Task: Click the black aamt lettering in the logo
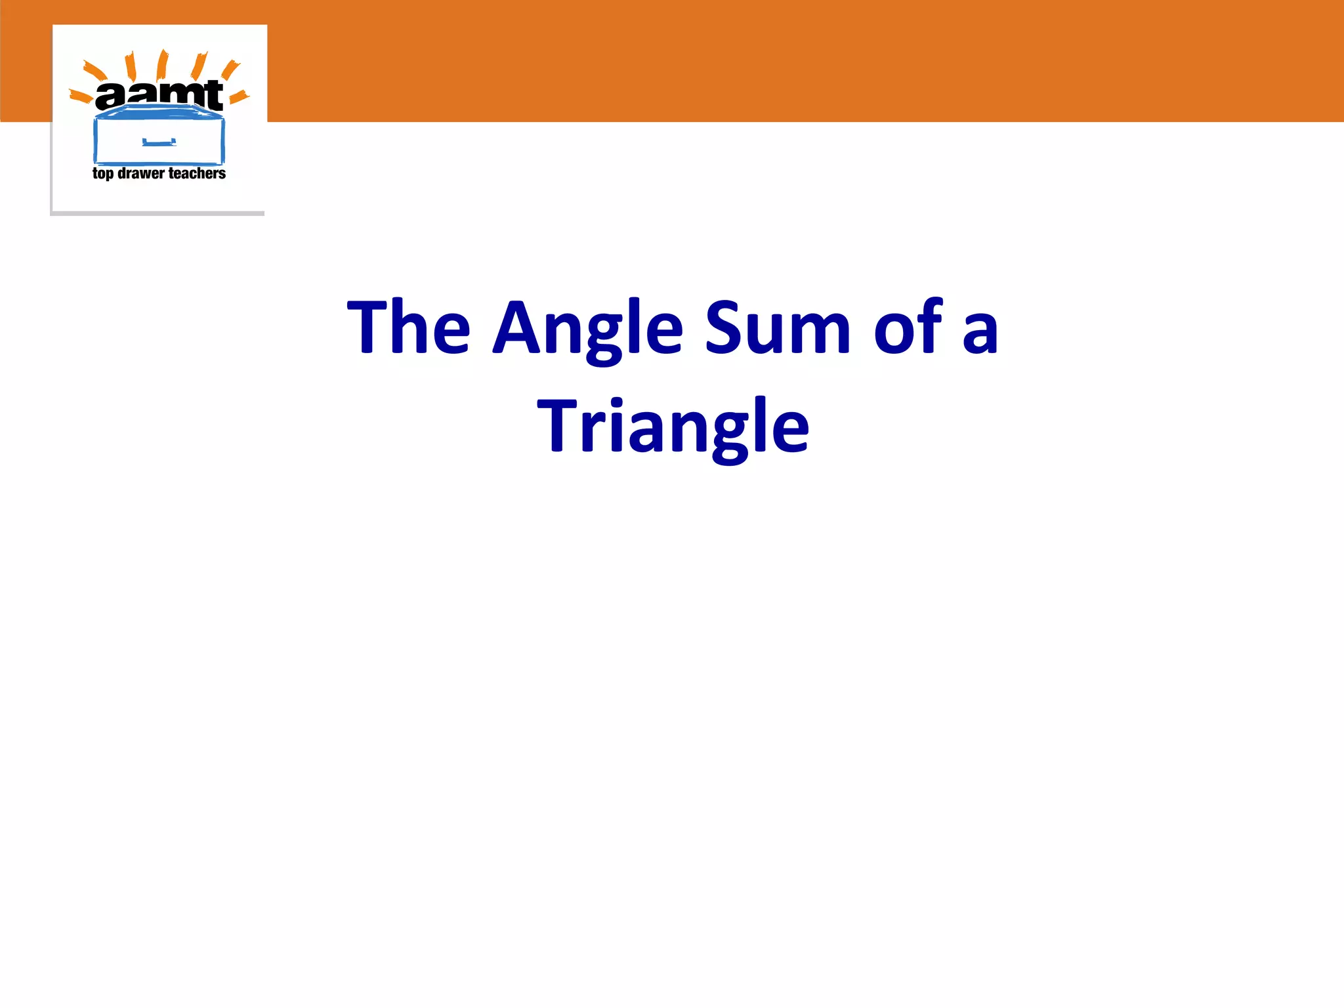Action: coord(159,95)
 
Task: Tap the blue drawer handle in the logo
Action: coord(159,142)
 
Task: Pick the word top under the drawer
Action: coord(102,174)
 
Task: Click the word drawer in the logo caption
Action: coord(140,173)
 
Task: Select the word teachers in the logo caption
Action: coord(197,173)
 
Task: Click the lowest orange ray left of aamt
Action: coord(81,97)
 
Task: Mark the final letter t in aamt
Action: coord(213,95)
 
